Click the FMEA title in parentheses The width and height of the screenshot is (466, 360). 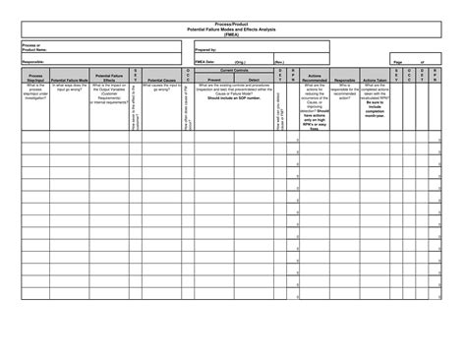tap(232, 34)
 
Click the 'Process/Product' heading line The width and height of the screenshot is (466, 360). tap(232, 25)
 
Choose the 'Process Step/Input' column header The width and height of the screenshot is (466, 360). tap(35, 76)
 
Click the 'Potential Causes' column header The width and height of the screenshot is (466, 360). tap(161, 78)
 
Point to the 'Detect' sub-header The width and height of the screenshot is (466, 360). tap(255, 78)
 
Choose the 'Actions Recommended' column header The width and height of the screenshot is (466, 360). tap(314, 76)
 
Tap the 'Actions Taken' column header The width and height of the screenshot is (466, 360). tap(375, 78)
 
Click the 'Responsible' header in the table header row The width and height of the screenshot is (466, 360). tap(345, 78)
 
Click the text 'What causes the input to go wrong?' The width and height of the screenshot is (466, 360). tap(161, 88)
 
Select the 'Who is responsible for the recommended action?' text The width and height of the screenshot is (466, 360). tap(345, 90)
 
